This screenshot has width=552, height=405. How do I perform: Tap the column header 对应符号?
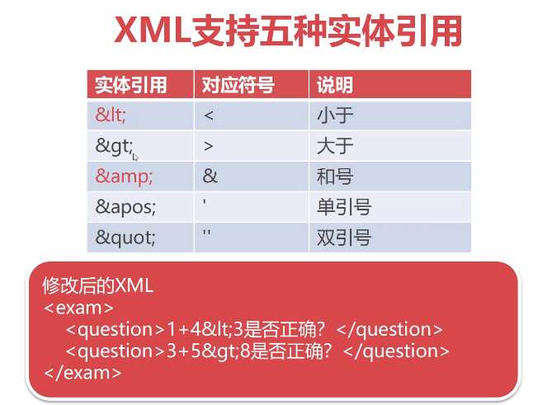pos(238,85)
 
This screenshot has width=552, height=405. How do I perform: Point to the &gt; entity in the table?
pos(114,146)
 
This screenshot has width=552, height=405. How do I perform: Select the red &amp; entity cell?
pos(124,177)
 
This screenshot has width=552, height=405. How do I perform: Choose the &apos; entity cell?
pos(125,207)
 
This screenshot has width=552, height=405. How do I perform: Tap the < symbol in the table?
pos(209,115)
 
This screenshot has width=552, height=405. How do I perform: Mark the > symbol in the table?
pos(209,146)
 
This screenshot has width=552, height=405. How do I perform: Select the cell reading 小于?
pos(335,115)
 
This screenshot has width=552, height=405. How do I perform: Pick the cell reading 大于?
pos(335,146)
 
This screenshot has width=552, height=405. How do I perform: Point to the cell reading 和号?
pos(335,177)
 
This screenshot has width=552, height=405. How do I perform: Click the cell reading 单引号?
pos(344,207)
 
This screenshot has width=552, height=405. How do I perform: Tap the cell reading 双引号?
pos(344,238)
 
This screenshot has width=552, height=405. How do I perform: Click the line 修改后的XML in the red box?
pos(98,286)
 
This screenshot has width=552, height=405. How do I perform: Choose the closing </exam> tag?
pos(83,372)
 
